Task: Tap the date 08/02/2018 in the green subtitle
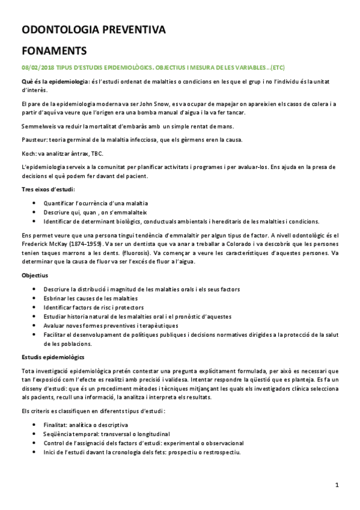pyautogui.click(x=38, y=68)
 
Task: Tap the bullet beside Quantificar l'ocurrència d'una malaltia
pyautogui.click(x=38, y=203)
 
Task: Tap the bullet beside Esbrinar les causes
pyautogui.click(x=38, y=299)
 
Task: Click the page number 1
pyautogui.click(x=338, y=485)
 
